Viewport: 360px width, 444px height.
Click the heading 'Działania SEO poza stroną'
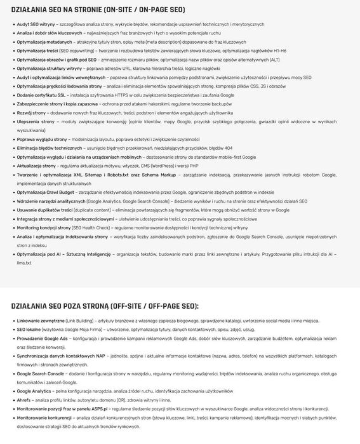click(104, 306)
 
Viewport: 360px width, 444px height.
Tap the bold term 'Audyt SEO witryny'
click(36, 24)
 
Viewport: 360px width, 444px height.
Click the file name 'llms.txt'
click(24, 262)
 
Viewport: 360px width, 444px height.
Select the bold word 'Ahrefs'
click(25, 400)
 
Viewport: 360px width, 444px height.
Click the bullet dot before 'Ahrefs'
click(13, 400)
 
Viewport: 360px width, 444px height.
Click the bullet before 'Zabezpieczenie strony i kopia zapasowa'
click(13, 104)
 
